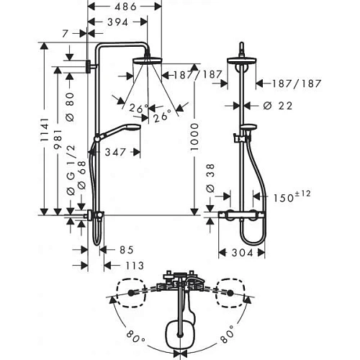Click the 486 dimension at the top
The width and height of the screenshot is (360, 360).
tap(125, 6)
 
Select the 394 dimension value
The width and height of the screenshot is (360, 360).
tap(118, 22)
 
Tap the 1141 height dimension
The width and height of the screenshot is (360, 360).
tap(44, 130)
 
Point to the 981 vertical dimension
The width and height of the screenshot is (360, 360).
tap(58, 140)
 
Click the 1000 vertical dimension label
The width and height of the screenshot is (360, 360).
tap(194, 137)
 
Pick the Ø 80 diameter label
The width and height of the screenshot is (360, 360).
tap(70, 107)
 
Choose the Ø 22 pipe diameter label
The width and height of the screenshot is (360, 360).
tap(278, 106)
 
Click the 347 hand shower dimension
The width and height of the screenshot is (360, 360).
tap(115, 152)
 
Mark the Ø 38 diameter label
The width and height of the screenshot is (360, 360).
tap(210, 178)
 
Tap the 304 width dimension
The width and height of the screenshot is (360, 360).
tap(243, 253)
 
